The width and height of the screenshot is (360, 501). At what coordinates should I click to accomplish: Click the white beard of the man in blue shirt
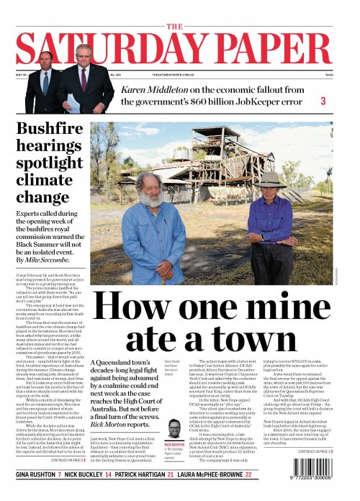tap(152, 200)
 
